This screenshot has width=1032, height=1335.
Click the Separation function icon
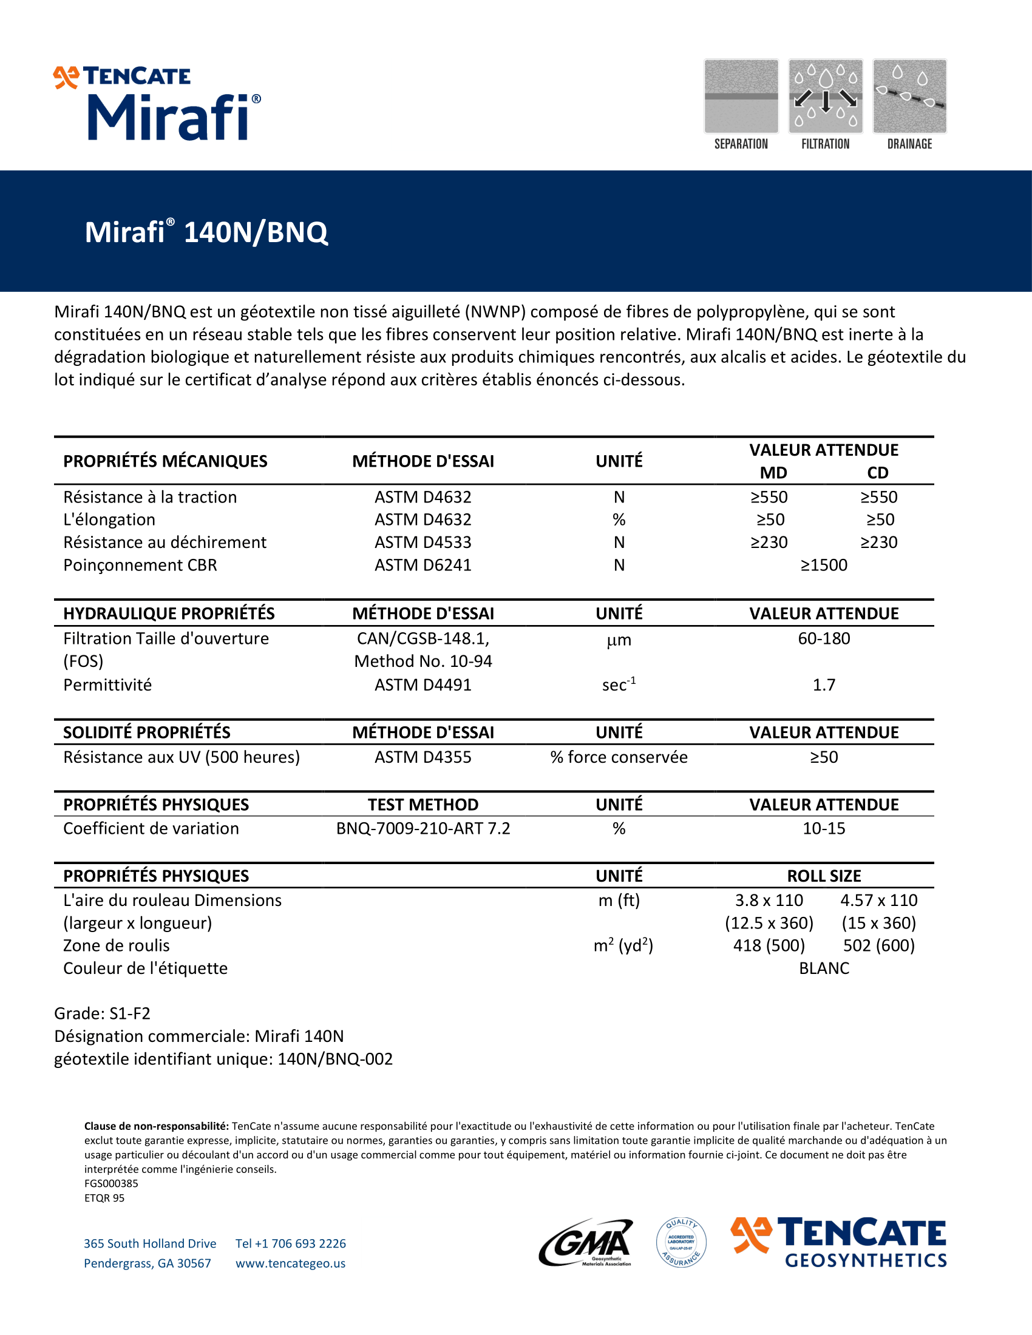(741, 96)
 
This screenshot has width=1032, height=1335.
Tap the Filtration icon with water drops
(826, 96)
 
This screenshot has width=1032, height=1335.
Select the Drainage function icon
(910, 96)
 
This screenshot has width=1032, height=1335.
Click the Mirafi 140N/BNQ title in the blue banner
(206, 232)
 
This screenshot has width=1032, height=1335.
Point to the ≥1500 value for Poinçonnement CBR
(824, 565)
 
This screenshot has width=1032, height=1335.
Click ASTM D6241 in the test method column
(423, 565)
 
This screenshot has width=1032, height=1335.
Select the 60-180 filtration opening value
(824, 638)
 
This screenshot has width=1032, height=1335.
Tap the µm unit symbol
(619, 641)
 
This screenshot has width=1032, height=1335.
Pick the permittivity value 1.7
(824, 684)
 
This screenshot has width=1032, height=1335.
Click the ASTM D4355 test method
(423, 757)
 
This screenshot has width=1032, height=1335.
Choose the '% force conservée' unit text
(619, 757)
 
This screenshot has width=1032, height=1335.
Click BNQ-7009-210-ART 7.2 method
(423, 828)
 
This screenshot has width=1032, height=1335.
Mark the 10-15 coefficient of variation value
(824, 828)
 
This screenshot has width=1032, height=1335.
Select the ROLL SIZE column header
(824, 876)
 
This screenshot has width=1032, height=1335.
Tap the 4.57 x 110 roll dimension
(878, 900)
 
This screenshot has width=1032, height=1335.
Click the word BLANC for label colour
(824, 968)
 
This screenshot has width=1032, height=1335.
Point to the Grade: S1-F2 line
(102, 1013)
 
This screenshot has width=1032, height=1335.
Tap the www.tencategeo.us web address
(290, 1263)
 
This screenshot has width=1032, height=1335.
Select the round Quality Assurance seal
(681, 1242)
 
